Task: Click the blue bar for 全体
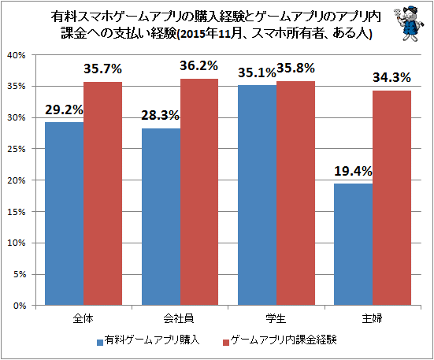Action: (x=65, y=213)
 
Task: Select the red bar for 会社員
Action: (x=199, y=192)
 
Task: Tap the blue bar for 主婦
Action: (x=353, y=244)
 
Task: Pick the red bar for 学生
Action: (x=295, y=193)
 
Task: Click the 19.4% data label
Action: (x=353, y=172)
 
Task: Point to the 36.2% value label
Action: (x=199, y=66)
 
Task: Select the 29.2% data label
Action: (x=64, y=110)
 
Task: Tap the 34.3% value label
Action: (x=391, y=77)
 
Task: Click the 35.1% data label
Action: (x=257, y=72)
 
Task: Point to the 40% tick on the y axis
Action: (x=17, y=55)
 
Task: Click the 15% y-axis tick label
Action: (x=17, y=212)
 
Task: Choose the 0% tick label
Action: (x=20, y=306)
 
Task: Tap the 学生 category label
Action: (x=276, y=319)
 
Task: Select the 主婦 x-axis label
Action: (x=373, y=319)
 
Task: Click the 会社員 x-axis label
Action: (x=179, y=319)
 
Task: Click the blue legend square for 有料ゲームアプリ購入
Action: (x=100, y=343)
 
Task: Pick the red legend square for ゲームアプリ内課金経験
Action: (x=226, y=343)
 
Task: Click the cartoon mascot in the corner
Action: (x=409, y=24)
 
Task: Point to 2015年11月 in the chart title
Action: (x=206, y=34)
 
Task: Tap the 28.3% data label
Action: (x=161, y=115)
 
